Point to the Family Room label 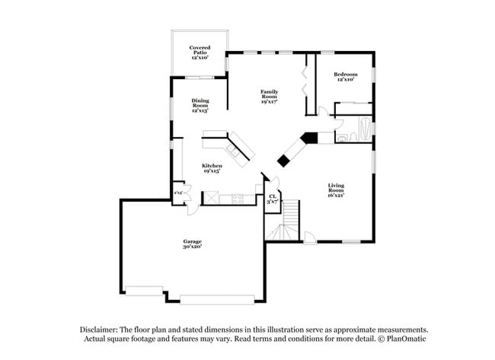[269, 95]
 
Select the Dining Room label [200, 105]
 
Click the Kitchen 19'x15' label [212, 168]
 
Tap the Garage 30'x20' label [191, 244]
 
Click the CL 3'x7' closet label [272, 200]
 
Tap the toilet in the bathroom [343, 138]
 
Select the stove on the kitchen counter [238, 199]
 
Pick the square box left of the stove [210, 199]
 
